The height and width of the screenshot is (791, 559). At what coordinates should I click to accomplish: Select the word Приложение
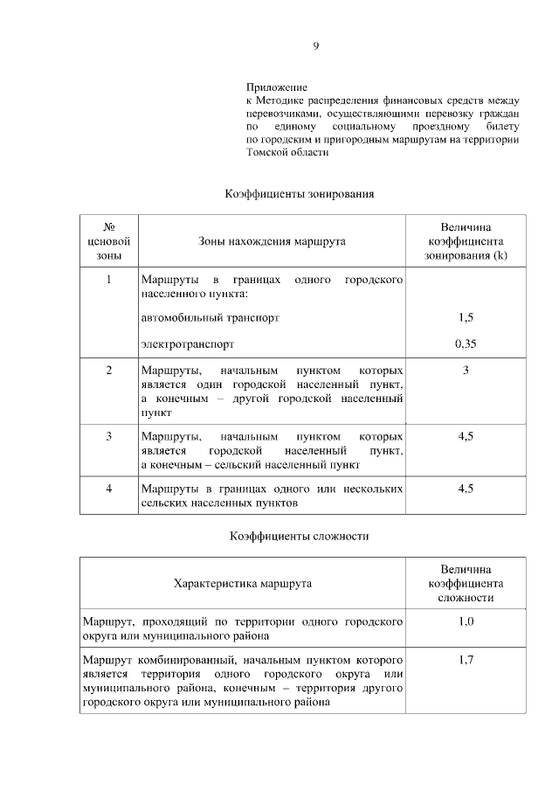277,89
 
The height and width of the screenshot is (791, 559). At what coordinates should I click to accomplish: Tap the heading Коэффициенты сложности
300,536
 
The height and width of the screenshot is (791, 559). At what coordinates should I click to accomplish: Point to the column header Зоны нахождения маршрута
272,240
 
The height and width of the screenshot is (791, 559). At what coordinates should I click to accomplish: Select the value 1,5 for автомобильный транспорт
466,318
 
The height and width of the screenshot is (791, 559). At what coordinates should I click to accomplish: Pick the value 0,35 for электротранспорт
466,343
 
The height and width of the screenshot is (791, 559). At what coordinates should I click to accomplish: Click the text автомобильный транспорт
210,318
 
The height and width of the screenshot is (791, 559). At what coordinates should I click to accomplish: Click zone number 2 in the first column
109,371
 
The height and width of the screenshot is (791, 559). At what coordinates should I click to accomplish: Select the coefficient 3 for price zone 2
466,371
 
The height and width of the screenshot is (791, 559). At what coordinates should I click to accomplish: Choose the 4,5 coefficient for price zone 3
466,435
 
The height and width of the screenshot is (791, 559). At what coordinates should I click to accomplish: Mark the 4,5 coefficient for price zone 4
466,489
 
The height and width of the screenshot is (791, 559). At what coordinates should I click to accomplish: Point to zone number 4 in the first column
109,489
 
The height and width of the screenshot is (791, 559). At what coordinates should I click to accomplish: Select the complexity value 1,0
466,621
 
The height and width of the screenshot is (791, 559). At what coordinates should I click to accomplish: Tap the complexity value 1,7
466,660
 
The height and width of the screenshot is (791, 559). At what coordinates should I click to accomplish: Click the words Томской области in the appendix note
287,151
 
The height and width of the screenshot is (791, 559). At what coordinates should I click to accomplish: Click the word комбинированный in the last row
180,660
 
